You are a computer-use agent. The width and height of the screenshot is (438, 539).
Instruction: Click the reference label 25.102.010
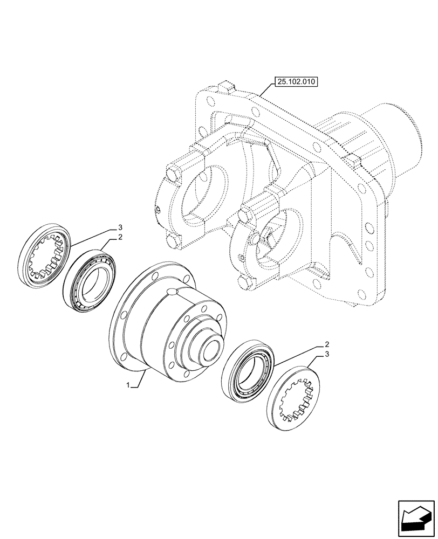point(297,82)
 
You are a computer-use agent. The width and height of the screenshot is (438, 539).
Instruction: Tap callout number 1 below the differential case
point(127,385)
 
